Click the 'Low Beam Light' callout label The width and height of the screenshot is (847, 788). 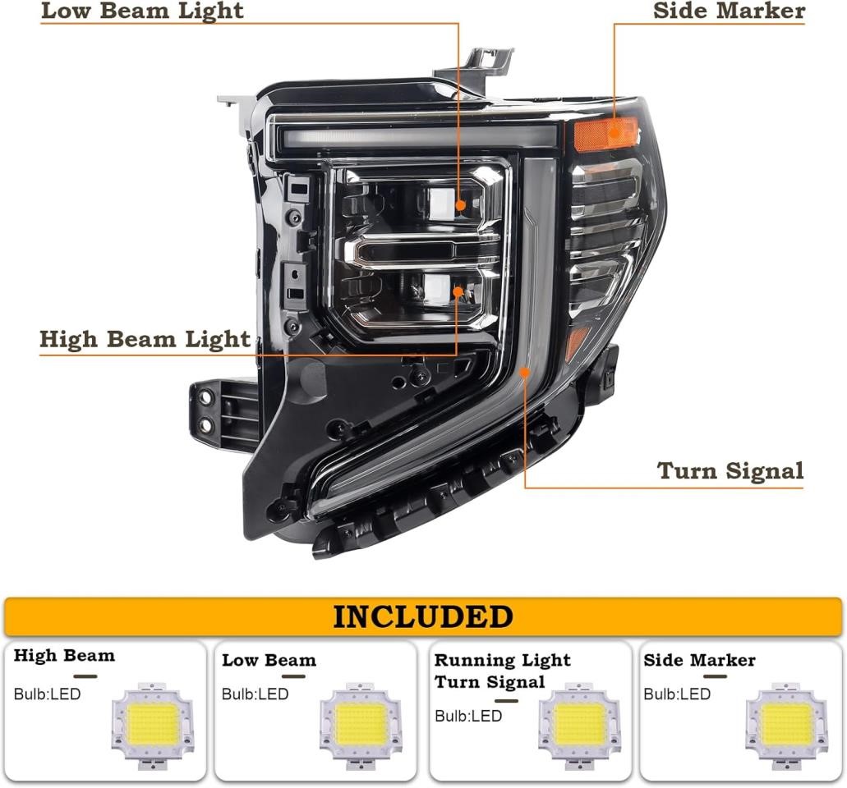(x=142, y=11)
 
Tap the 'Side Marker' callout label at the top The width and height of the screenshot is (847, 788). (x=729, y=11)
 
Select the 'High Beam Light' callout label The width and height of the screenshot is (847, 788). (x=145, y=340)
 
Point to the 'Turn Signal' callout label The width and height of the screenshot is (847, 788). (x=730, y=470)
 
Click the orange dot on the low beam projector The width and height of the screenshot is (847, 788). (x=460, y=205)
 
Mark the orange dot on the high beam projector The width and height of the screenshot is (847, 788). (x=458, y=292)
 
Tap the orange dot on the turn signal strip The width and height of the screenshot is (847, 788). (x=524, y=372)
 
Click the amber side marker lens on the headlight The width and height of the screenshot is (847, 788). (x=605, y=134)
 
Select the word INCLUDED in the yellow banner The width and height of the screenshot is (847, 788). (x=423, y=616)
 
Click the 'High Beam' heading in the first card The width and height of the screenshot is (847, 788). (x=64, y=655)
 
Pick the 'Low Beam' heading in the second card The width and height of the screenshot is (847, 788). (x=269, y=660)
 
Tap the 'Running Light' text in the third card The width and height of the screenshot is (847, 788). (x=502, y=660)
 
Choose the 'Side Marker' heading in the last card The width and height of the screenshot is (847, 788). (x=699, y=660)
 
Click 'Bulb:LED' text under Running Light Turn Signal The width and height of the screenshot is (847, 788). (x=467, y=716)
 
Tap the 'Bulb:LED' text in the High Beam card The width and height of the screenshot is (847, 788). (x=47, y=694)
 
